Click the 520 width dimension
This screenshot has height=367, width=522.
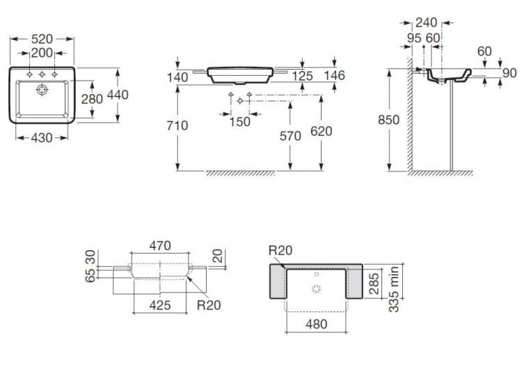(x=42, y=39)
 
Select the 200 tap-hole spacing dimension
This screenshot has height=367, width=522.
(x=42, y=53)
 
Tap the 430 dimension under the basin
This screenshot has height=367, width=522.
(x=42, y=138)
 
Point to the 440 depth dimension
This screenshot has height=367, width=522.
(x=118, y=95)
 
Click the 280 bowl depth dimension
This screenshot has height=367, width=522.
(x=92, y=99)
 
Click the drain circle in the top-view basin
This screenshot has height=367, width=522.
(x=42, y=89)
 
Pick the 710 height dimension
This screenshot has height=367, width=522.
(x=177, y=125)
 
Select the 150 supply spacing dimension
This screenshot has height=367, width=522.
(x=239, y=122)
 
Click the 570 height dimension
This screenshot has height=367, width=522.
(x=290, y=136)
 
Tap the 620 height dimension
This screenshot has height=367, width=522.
(x=322, y=131)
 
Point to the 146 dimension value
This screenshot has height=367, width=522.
(x=334, y=75)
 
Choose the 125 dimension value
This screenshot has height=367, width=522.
(x=302, y=76)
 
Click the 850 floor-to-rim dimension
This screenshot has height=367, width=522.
(x=389, y=120)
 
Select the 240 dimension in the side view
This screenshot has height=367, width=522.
(x=427, y=23)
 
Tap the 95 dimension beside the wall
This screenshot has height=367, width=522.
(x=414, y=38)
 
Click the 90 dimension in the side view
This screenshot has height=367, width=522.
(x=509, y=73)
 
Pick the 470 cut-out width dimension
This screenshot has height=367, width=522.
(x=160, y=245)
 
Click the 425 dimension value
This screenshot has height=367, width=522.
(x=160, y=305)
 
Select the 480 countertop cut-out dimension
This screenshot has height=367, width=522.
(x=316, y=324)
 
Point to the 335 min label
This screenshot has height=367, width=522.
(x=394, y=289)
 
